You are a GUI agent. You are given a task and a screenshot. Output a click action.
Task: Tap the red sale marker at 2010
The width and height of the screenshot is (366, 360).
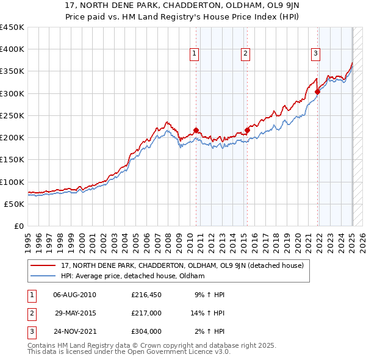tap(196, 130)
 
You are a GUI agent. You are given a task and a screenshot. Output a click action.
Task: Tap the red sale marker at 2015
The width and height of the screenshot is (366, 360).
tap(248, 129)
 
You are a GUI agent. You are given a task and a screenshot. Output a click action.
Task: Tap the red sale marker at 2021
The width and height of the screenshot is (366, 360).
tap(318, 92)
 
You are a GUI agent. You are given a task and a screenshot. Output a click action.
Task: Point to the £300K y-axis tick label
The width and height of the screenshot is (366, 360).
tap(12, 93)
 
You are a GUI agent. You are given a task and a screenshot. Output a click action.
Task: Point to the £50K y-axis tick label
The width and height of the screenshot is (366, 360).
tap(14, 204)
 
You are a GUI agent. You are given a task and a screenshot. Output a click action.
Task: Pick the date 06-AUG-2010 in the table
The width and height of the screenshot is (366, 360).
tap(75, 295)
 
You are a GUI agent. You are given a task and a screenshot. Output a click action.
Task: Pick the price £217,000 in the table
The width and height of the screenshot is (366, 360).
tap(146, 314)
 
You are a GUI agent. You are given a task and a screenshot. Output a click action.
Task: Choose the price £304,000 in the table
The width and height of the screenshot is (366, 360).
tap(146, 333)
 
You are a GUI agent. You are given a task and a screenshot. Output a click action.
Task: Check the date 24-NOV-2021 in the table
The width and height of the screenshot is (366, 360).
tap(75, 333)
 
